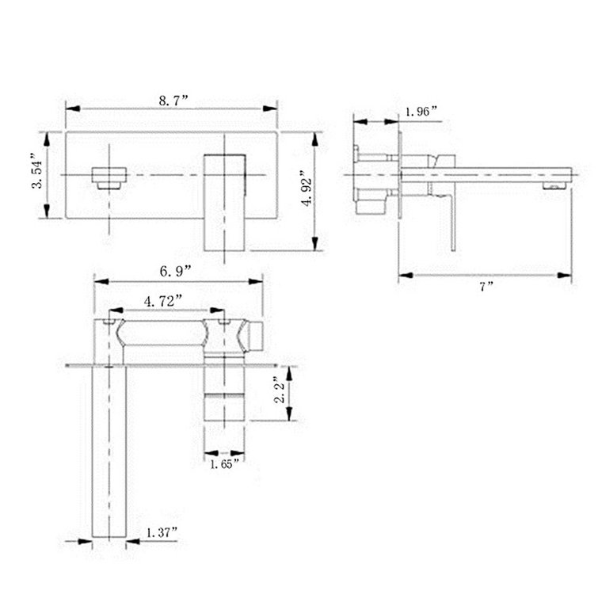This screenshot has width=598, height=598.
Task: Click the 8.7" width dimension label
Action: pyautogui.click(x=173, y=101)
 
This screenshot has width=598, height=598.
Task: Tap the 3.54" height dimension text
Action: pyautogui.click(x=36, y=172)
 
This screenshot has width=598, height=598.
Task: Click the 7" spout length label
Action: pyautogui.click(x=485, y=286)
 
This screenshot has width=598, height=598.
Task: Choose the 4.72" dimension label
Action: pyautogui.click(x=164, y=300)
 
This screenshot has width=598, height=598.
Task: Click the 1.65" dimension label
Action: pyautogui.click(x=223, y=463)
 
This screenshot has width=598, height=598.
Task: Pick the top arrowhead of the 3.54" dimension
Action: pyautogui.click(x=48, y=137)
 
